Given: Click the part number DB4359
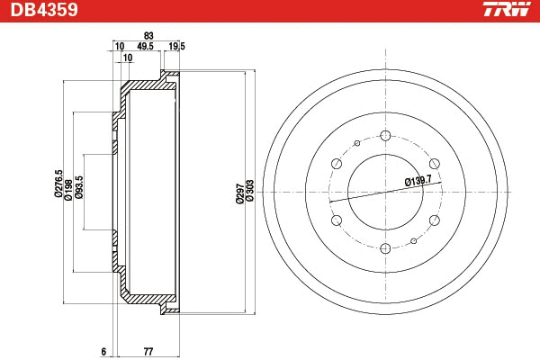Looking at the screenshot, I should [x=41, y=11].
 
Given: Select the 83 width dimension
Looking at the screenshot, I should [x=147, y=35].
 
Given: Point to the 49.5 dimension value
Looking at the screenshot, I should [x=145, y=46].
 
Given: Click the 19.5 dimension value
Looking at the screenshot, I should [x=176, y=46].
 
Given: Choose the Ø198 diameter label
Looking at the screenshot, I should [x=67, y=188].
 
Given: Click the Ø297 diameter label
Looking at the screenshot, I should [x=239, y=193].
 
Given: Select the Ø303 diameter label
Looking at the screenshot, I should [x=250, y=193].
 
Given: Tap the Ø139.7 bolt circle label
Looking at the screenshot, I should [x=418, y=181].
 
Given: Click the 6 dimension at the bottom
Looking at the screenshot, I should [x=104, y=350].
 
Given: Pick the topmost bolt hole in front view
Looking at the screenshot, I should [x=386, y=135].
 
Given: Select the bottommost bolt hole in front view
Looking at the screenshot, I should [x=384, y=249].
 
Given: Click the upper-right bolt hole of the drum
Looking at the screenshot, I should [x=435, y=163].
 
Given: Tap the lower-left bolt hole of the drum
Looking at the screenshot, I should [x=336, y=220].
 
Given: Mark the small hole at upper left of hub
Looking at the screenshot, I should [x=357, y=143].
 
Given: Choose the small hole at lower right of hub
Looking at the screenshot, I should [x=413, y=240].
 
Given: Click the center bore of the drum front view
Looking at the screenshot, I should [x=385, y=193].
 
